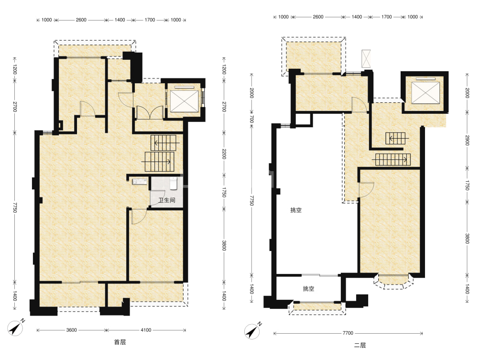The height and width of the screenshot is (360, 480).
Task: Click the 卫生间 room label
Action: (167, 200)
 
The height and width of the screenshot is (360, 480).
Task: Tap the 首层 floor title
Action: (120, 342)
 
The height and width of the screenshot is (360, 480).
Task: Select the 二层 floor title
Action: (360, 345)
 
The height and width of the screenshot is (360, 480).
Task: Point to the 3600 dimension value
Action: (71, 330)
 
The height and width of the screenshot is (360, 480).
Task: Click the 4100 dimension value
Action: (146, 330)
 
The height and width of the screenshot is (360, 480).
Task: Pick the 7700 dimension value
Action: (348, 333)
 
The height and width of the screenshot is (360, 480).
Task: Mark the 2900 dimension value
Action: (467, 140)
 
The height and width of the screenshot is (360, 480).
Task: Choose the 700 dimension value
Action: (251, 119)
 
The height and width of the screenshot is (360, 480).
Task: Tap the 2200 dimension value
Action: (224, 154)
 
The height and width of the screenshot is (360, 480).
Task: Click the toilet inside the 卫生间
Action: (174, 183)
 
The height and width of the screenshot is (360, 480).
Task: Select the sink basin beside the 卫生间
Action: (140, 182)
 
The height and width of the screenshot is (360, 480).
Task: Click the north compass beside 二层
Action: (253, 331)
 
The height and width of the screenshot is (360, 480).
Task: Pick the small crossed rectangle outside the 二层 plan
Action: (366, 58)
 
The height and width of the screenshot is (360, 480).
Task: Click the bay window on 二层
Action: (393, 281)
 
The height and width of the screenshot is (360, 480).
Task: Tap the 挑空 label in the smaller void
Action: (308, 289)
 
